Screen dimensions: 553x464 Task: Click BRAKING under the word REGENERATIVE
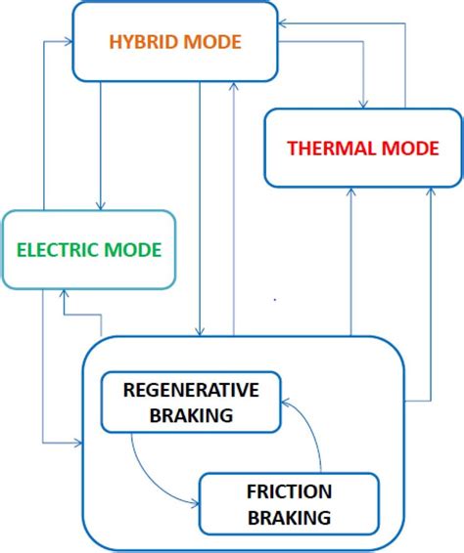[192, 415]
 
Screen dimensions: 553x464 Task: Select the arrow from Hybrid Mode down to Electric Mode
[100, 147]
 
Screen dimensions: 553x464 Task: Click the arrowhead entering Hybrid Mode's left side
[70, 42]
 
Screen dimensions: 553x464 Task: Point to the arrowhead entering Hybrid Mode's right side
[281, 21]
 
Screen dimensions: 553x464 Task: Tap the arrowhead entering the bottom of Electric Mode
[64, 295]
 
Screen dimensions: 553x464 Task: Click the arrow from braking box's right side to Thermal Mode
[430, 293]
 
